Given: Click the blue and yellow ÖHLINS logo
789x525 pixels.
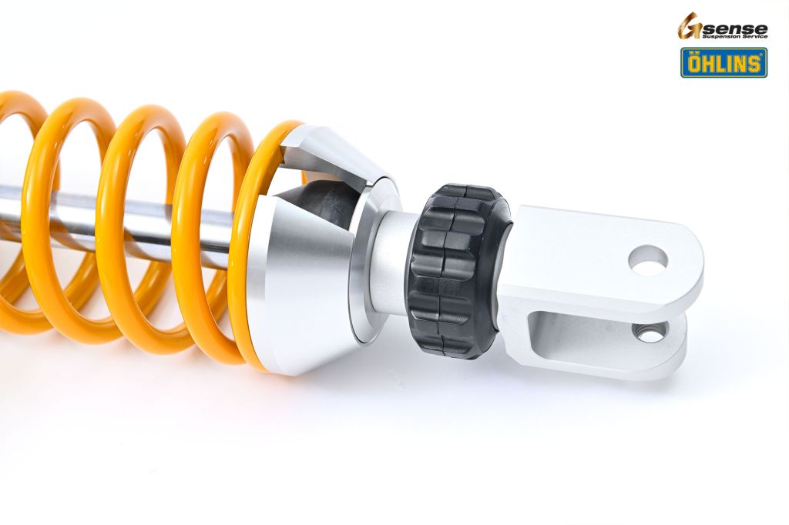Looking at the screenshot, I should point(724,62).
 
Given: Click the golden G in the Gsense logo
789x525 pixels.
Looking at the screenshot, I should point(688,27).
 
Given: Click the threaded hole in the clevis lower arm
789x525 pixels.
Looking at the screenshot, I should point(649,332).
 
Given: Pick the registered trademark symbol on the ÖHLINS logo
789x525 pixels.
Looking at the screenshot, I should point(762,52).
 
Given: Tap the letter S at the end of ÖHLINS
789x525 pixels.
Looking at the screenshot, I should point(754,64).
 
